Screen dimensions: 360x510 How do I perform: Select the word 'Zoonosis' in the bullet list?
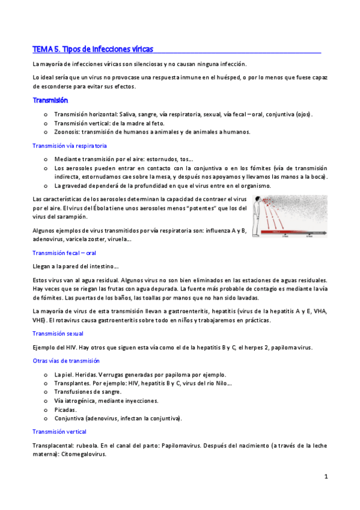click(66, 132)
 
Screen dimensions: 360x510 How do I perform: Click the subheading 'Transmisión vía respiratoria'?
click(70, 146)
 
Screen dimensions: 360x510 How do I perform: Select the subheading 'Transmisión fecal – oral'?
click(64, 253)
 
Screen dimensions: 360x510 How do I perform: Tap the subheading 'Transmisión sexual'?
click(58, 333)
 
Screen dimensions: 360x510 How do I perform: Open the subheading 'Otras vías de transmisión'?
click(66, 361)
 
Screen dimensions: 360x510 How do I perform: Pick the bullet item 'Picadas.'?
click(66, 410)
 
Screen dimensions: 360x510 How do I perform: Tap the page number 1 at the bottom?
click(326, 477)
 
